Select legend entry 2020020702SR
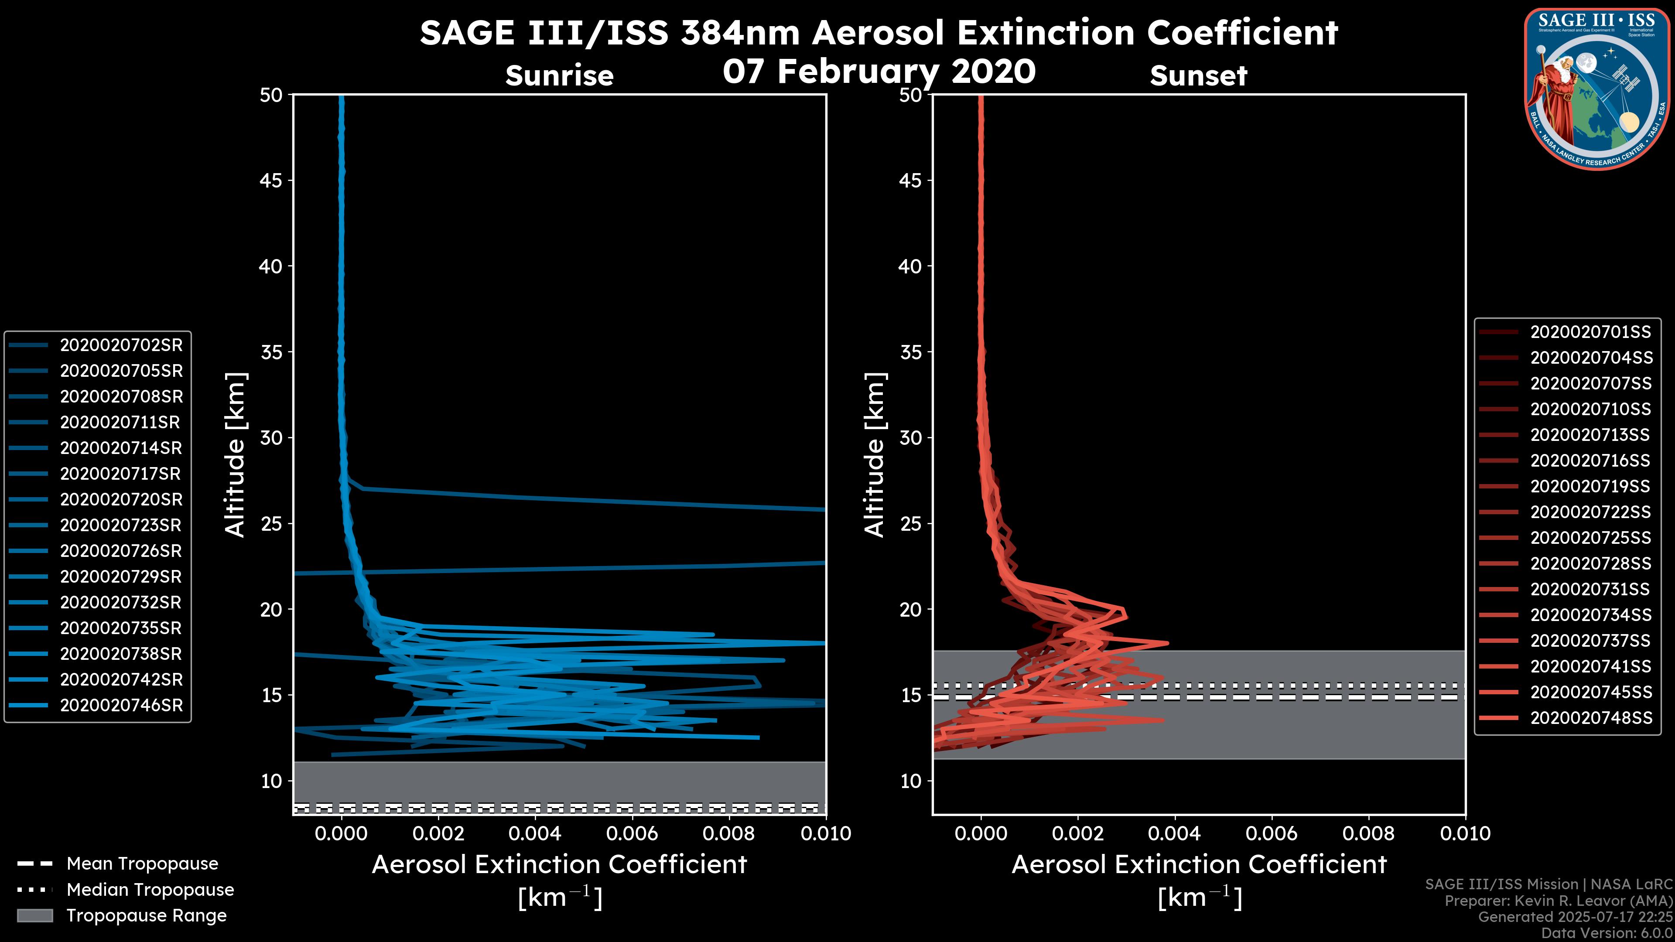(121, 345)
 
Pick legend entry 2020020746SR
(121, 705)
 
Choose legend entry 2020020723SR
(121, 525)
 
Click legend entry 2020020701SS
(1590, 332)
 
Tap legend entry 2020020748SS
(1590, 718)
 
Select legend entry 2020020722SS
(1590, 512)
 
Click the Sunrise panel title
(559, 76)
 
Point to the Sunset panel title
(1198, 76)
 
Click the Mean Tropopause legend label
(142, 863)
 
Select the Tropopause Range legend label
(146, 915)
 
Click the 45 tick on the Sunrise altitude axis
(271, 181)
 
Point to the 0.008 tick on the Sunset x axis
(1369, 833)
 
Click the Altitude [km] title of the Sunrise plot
(236, 454)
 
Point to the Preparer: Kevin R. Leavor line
(1558, 901)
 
